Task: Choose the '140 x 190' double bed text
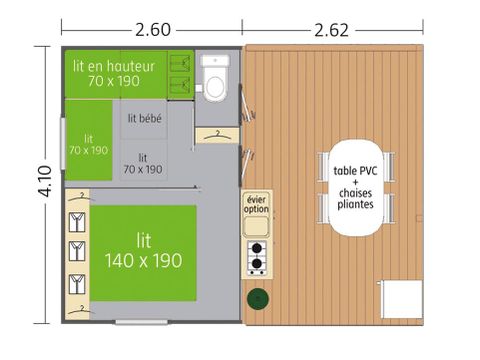(143, 260)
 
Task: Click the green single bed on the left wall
(88, 144)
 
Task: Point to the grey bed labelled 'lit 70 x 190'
(143, 163)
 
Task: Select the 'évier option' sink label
(256, 205)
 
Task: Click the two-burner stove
(256, 257)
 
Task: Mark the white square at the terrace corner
(404, 298)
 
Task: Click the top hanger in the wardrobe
(75, 217)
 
